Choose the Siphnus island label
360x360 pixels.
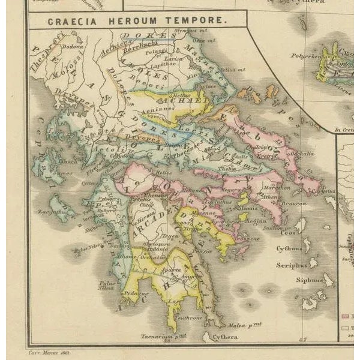tap(310, 280)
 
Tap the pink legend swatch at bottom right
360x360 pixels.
tap(344, 316)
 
